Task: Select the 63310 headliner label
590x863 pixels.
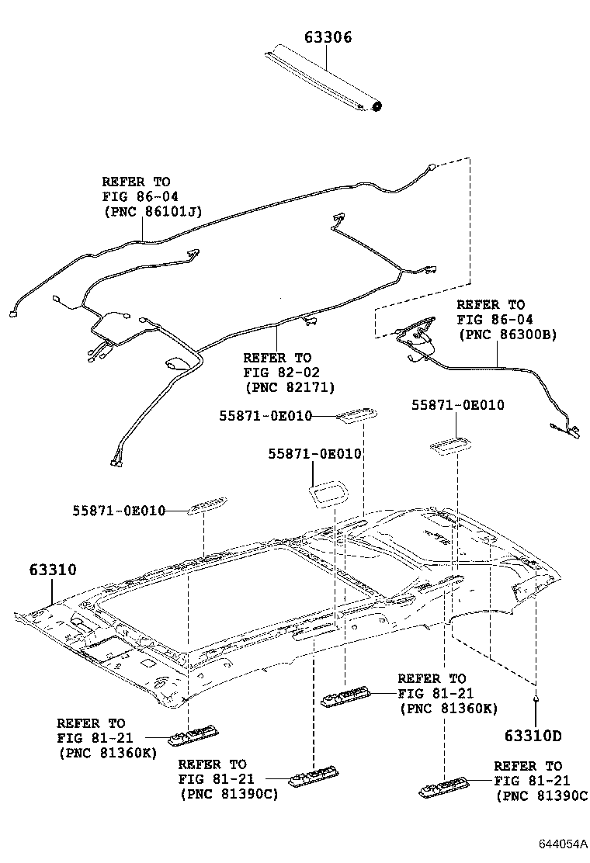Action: [53, 570]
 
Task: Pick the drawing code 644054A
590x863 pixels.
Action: [559, 844]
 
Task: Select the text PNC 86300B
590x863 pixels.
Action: [508, 334]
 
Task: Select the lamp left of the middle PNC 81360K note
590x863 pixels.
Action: [346, 696]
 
